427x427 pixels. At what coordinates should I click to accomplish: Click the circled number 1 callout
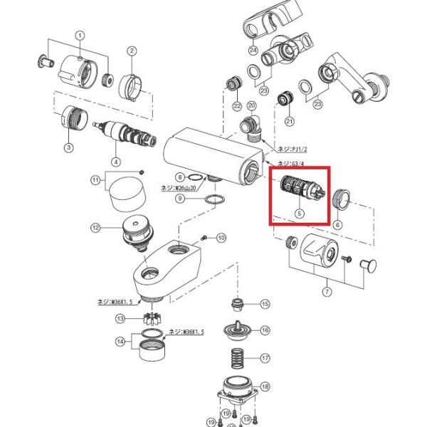click(x=80, y=35)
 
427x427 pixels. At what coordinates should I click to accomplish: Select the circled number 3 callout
click(x=69, y=147)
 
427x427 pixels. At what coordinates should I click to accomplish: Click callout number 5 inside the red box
click(x=300, y=212)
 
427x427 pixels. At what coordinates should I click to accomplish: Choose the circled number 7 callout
click(x=327, y=292)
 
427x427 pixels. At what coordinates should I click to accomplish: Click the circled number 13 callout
click(x=121, y=318)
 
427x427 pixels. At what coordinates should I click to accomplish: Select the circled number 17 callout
click(x=265, y=358)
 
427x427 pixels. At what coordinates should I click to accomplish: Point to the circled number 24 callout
click(x=253, y=51)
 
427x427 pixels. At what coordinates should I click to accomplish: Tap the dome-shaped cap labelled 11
click(x=125, y=191)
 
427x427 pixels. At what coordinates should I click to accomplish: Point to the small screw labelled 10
click(x=204, y=237)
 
